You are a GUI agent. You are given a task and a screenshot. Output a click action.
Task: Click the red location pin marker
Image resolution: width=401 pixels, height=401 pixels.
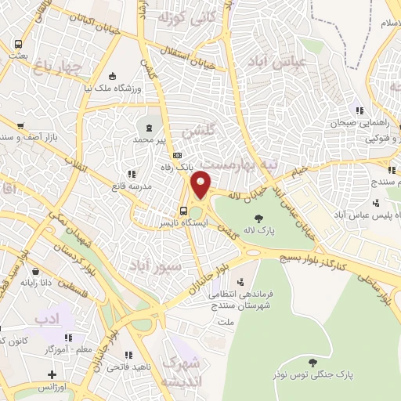(x=200, y=184)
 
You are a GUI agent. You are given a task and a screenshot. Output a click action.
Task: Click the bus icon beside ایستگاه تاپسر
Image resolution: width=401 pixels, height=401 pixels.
(x=182, y=210)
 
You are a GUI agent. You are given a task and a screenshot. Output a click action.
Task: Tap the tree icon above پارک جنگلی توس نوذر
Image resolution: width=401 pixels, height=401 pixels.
(x=312, y=362)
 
